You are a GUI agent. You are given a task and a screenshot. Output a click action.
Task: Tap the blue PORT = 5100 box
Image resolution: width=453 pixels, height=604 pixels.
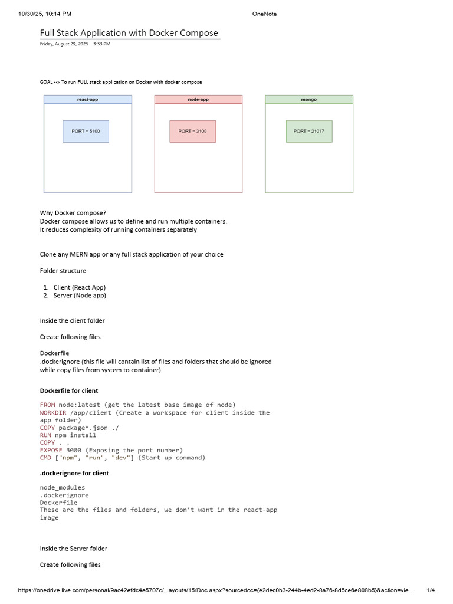pos(86,131)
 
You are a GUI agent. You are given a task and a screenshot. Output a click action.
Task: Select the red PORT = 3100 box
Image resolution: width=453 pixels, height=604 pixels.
pos(192,131)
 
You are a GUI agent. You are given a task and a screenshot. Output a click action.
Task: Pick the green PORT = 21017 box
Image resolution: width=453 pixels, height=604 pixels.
pos(309,131)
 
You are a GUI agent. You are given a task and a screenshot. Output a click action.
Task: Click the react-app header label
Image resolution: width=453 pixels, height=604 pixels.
pos(87,100)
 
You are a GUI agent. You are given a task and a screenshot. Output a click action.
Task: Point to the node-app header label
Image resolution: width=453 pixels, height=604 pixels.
pos(198,100)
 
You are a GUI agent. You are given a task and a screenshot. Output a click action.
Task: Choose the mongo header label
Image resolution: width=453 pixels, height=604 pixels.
pos(309,100)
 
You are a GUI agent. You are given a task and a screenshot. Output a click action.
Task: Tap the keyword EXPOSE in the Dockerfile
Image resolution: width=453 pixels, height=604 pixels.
pos(51,450)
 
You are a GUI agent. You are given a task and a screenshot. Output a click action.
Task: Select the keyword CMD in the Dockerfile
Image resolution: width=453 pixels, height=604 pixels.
pos(45,458)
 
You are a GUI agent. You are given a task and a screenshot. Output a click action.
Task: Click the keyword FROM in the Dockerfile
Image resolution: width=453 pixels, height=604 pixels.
pos(47,405)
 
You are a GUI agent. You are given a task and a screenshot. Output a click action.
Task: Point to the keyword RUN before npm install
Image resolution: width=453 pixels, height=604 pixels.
pos(45,435)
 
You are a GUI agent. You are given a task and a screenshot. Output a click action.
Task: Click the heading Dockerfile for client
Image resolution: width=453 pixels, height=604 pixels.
pos(69,390)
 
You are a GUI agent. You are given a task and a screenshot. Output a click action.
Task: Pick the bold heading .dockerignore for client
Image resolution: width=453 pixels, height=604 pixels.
pos(74,473)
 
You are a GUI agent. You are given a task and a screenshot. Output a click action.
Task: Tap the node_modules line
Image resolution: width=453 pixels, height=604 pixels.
pos(63,487)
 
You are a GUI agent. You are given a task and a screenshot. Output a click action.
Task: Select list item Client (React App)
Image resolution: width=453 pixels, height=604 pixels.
pos(80,287)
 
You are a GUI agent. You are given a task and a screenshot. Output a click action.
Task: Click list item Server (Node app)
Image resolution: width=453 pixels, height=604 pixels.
pos(80,296)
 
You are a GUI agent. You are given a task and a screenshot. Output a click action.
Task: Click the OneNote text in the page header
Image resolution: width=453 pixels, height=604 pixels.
pos(264,14)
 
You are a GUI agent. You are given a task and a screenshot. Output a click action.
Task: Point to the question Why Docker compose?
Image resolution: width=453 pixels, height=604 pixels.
pos(73,213)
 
